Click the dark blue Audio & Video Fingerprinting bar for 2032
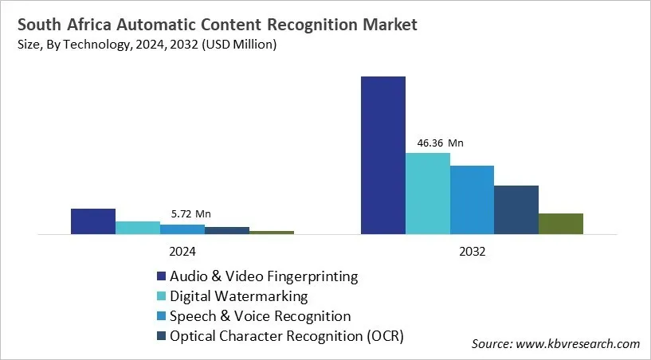(x=383, y=155)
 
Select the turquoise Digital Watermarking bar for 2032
(x=428, y=194)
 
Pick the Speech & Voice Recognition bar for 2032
(x=472, y=200)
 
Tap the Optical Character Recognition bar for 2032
(x=516, y=210)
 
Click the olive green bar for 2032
(x=561, y=224)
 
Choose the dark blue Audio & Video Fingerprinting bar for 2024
(x=93, y=221)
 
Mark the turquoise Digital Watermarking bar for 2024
(x=138, y=228)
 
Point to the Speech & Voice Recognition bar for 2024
(x=182, y=229)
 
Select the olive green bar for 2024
(x=272, y=233)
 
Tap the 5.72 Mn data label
(x=191, y=214)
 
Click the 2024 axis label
(x=182, y=250)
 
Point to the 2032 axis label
(x=472, y=250)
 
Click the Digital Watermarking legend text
(x=238, y=296)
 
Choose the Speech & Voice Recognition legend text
(x=260, y=316)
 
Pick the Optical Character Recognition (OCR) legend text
(x=287, y=336)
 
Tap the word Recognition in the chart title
(x=318, y=25)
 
